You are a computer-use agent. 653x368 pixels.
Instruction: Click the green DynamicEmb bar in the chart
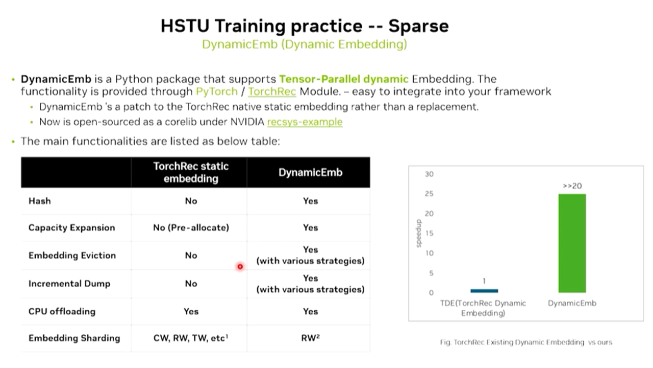572,243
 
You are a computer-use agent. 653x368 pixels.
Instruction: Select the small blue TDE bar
484,291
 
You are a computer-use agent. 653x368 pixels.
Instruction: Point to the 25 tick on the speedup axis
429,194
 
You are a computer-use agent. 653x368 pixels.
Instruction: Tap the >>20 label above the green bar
572,186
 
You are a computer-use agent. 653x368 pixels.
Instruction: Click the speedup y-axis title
419,233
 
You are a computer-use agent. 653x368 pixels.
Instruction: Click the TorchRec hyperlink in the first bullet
272,91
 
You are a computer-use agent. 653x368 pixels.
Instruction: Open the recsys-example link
305,122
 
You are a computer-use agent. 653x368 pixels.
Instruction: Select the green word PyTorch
217,91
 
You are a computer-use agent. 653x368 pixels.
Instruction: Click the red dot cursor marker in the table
240,266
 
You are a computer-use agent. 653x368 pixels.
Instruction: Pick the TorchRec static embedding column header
191,172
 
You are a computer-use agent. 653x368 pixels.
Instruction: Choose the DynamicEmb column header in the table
310,172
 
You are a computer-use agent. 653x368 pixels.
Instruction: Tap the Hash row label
40,201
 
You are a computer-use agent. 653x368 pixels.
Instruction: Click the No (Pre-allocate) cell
191,227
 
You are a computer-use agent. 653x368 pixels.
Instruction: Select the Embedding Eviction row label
72,255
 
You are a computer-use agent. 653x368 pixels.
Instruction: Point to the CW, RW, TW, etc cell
191,338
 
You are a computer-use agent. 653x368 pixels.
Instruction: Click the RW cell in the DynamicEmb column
310,338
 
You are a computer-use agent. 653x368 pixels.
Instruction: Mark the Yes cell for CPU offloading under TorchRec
191,311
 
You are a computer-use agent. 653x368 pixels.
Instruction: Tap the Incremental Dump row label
69,284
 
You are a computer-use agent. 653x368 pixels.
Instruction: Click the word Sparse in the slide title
419,26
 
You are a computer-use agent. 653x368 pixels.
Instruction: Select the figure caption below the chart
526,342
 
